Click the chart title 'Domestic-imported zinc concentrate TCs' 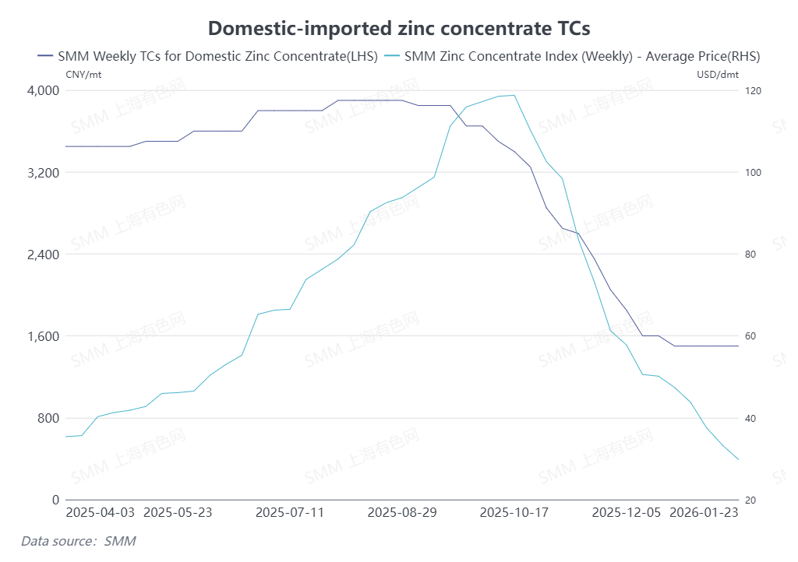click(399, 29)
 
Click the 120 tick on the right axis click(753, 90)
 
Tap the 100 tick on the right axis click(753, 172)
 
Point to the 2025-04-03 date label click(100, 512)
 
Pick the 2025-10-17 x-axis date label click(514, 512)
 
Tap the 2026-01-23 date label click(704, 512)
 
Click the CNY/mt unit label click(83, 75)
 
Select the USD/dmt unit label click(717, 75)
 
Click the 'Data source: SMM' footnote click(78, 540)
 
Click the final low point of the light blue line click(738, 459)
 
